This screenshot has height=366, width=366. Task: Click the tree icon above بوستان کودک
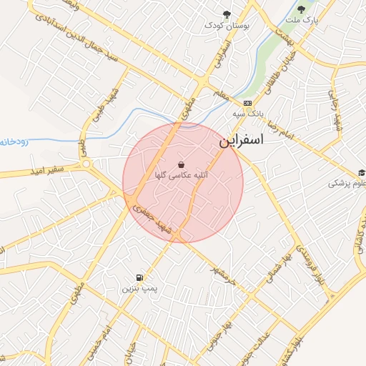[227, 14]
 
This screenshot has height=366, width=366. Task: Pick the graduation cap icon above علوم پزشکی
[362, 172]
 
